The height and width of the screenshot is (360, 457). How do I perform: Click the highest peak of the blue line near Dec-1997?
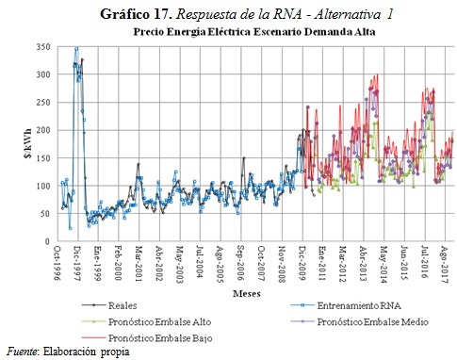click(x=76, y=48)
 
